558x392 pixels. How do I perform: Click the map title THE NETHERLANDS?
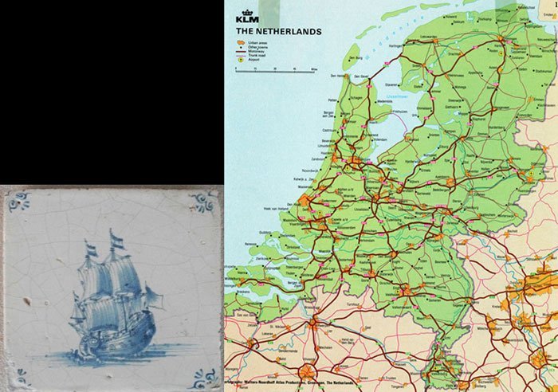tap(278, 32)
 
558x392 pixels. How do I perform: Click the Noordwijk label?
tap(312, 171)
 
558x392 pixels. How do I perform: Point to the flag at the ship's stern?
tap(90, 250)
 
